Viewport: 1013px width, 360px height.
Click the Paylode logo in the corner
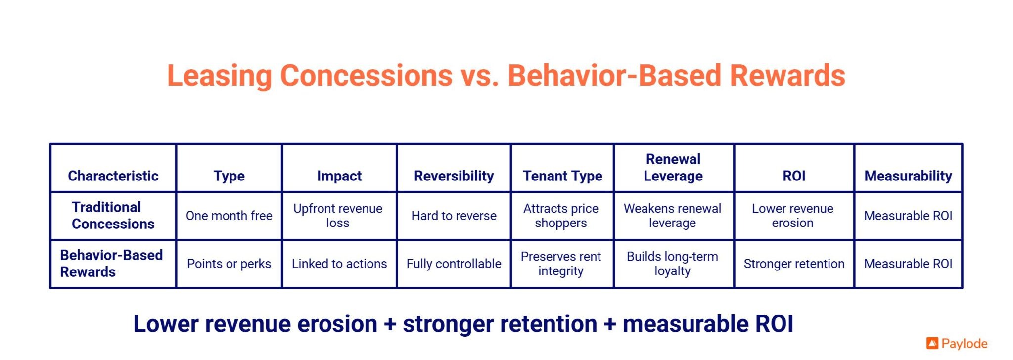(957, 343)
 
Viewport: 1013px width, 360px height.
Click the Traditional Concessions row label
(113, 215)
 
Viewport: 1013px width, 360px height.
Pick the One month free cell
(229, 216)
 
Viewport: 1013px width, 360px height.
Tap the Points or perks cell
(229, 264)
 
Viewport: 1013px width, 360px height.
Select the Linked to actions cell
(339, 264)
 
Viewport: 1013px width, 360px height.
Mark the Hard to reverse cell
(454, 216)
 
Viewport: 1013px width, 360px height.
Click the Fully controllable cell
(454, 264)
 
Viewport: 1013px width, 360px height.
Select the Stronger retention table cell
(794, 264)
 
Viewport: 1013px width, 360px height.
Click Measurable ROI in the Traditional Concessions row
(908, 216)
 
